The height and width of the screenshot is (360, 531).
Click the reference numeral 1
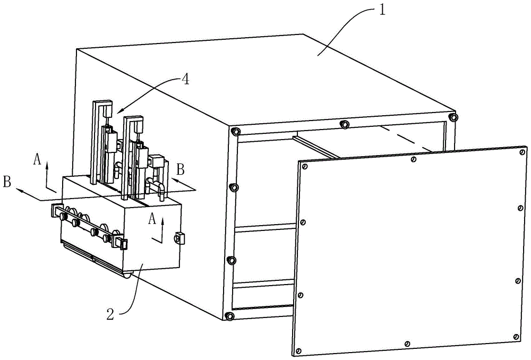(x=382, y=10)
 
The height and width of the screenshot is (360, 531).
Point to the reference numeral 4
(x=185, y=80)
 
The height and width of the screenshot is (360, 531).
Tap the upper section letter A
(x=37, y=159)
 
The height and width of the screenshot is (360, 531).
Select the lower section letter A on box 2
(x=152, y=219)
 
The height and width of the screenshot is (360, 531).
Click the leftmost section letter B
(x=7, y=181)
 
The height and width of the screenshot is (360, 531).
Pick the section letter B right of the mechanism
(x=181, y=169)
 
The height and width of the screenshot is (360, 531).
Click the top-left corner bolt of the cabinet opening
(x=235, y=131)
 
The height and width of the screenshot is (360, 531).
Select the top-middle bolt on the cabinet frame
(x=344, y=124)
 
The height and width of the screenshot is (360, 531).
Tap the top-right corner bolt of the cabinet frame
(x=453, y=117)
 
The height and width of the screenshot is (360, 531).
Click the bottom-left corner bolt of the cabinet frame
(x=229, y=316)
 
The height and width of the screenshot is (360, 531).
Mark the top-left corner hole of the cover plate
(x=305, y=167)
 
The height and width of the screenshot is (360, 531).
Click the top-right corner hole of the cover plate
(x=522, y=152)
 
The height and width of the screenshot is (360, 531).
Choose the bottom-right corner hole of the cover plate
(x=516, y=337)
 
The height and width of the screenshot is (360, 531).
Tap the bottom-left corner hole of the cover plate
(x=298, y=350)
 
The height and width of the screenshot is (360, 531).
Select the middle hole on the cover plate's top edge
(x=414, y=159)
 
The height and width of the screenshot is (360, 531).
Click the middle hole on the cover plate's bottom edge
(x=407, y=344)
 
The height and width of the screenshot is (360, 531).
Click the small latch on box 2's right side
(x=179, y=238)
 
